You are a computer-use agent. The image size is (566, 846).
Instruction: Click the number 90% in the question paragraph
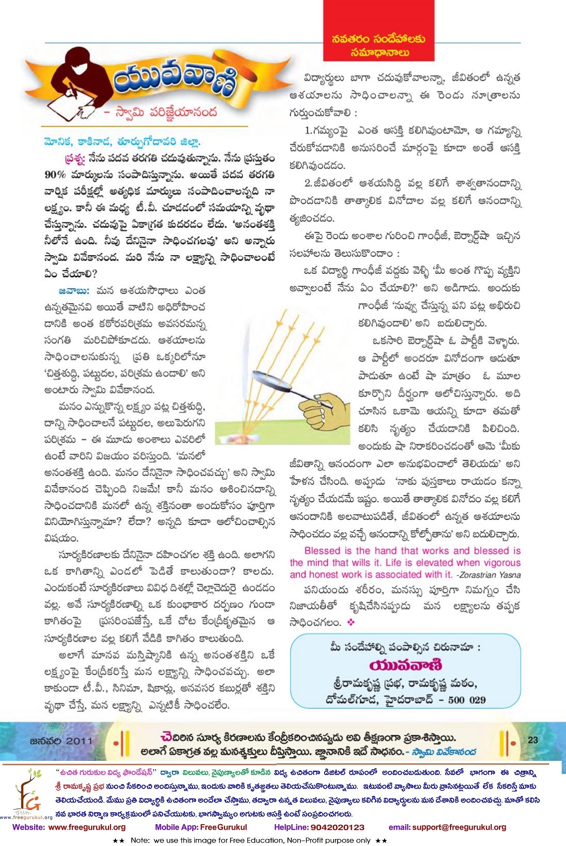(55, 175)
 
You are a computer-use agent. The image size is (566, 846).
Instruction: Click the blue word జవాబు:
(74, 291)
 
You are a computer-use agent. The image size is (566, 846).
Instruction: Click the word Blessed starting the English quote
(322, 551)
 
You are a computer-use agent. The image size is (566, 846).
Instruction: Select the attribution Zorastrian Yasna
(490, 575)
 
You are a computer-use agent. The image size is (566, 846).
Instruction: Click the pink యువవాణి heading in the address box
(405, 665)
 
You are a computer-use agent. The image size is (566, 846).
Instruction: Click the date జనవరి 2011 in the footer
(61, 740)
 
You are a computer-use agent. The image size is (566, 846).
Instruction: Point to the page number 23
(533, 740)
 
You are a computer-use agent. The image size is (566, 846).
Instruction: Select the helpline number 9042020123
(337, 827)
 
